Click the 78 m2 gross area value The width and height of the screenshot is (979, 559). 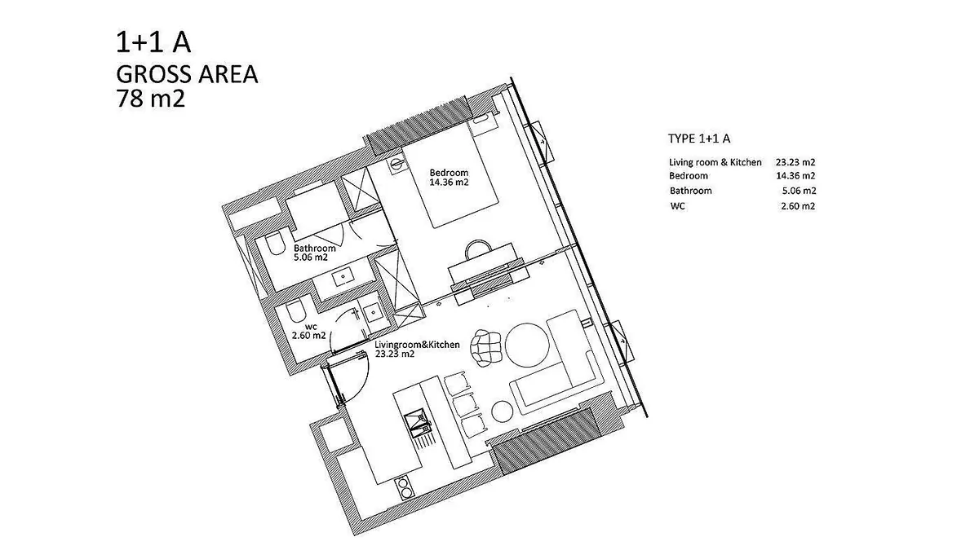150,99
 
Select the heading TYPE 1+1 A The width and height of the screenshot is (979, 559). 699,139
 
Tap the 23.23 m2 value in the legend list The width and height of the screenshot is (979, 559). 795,162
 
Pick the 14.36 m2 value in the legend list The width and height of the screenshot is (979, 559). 795,176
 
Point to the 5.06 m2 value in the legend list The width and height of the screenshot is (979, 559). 799,191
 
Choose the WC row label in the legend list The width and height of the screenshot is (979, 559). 677,206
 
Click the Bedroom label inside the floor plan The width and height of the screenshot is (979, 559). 449,173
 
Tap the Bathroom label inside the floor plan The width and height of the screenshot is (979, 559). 315,249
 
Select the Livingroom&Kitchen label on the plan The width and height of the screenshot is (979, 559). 417,345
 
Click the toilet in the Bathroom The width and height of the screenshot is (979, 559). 274,244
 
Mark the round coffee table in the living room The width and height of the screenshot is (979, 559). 527,346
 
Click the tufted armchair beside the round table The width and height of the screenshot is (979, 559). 485,348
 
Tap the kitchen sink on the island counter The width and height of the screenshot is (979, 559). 417,423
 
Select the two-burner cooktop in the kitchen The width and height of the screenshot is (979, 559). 405,487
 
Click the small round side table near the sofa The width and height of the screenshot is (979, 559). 502,411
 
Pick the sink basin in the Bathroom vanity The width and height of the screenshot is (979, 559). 342,278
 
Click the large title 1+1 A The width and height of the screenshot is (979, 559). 153,42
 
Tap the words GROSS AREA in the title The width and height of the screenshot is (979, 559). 187,74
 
